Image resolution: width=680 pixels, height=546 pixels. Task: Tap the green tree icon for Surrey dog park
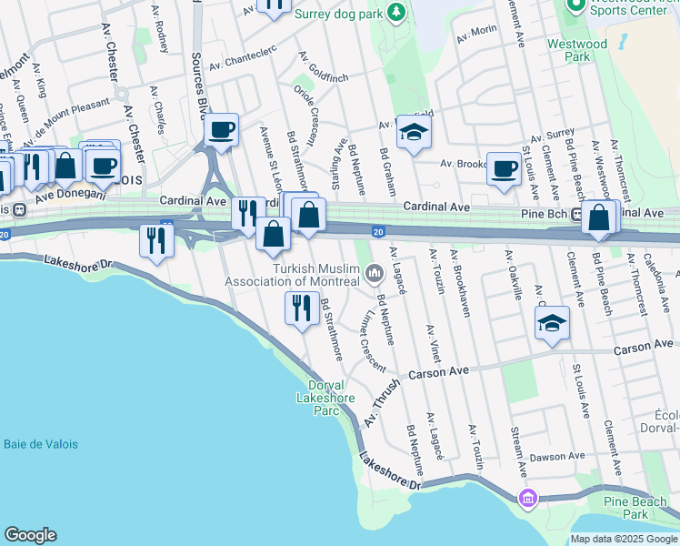396,12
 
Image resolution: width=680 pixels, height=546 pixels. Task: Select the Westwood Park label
576,50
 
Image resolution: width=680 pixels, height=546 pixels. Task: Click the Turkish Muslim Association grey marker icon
374,272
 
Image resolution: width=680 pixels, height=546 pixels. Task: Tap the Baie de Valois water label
41,444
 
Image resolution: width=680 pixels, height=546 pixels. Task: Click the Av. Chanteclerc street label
241,66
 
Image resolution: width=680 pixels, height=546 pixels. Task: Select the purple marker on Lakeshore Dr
527,499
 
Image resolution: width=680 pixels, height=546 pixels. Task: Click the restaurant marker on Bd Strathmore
301,308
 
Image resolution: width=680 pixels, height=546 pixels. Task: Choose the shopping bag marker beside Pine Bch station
598,218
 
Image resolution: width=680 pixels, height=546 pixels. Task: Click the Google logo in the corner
30,535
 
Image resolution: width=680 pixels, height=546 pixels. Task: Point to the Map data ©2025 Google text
624,539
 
